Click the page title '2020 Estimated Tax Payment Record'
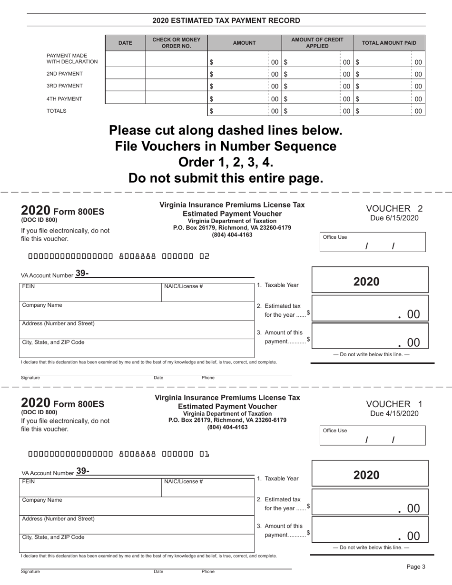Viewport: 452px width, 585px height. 226,20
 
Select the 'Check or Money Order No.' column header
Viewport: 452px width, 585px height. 176,43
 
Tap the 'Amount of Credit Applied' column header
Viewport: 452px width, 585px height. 317,43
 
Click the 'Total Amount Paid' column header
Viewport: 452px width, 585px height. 389,43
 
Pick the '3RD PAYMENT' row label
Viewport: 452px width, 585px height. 65,86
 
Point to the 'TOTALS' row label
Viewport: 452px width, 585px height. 56,111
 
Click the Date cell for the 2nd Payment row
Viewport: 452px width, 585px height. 125,74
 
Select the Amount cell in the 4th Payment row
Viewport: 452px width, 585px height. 238,98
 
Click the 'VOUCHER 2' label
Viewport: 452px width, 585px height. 394,208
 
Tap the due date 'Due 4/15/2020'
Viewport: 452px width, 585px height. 394,413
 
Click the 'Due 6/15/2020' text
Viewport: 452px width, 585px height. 394,218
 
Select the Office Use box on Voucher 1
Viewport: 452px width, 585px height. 373,435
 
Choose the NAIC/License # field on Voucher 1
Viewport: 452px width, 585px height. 208,487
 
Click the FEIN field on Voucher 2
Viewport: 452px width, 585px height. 90,292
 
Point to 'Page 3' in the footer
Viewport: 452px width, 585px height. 415,566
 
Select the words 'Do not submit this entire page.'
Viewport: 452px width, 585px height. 226,178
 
